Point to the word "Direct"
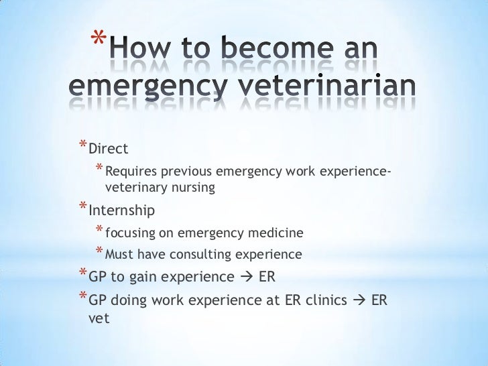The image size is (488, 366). click(108, 147)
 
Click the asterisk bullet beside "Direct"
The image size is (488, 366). click(82, 145)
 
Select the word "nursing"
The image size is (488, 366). click(192, 188)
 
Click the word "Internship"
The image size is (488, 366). click(121, 210)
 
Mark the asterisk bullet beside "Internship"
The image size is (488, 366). click(82, 208)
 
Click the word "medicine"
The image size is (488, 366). click(277, 233)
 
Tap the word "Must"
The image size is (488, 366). click(119, 255)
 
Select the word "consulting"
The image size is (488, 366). click(199, 255)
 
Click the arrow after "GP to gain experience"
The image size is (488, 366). click(245, 277)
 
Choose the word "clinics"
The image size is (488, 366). click(325, 301)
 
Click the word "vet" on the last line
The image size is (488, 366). click(99, 319)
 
